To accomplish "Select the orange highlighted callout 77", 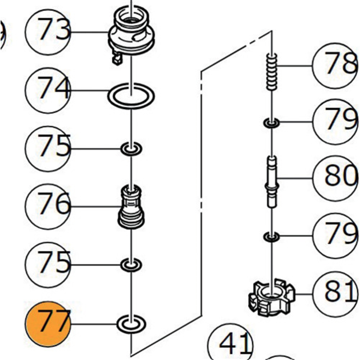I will click(48, 323).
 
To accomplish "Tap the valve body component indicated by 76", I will click(131, 207).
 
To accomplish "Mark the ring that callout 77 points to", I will click(131, 323).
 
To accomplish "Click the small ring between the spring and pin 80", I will click(271, 122).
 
